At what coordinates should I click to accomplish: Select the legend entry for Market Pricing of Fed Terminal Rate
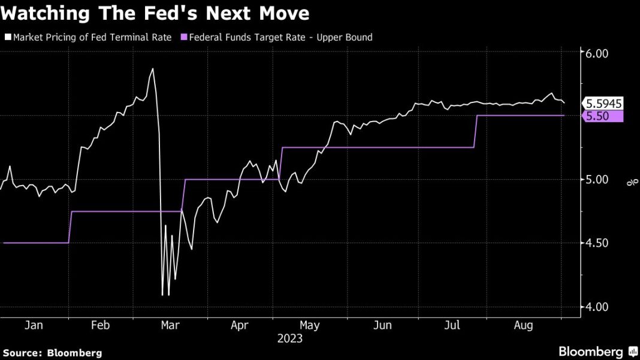click(89, 37)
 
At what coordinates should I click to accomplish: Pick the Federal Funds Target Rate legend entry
click(281, 37)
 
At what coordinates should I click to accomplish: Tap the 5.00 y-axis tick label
click(596, 179)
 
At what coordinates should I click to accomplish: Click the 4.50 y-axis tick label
click(596, 243)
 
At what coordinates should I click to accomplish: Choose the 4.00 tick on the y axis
click(596, 307)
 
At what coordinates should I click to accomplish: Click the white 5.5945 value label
click(604, 103)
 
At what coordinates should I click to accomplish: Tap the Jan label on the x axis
click(34, 325)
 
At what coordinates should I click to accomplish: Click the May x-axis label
click(310, 325)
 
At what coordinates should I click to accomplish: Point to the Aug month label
click(524, 325)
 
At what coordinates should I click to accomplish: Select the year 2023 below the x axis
click(290, 338)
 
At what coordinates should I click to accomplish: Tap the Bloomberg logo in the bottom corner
click(598, 352)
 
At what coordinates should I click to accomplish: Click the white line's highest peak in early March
click(152, 69)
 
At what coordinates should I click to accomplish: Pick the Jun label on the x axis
click(382, 325)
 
